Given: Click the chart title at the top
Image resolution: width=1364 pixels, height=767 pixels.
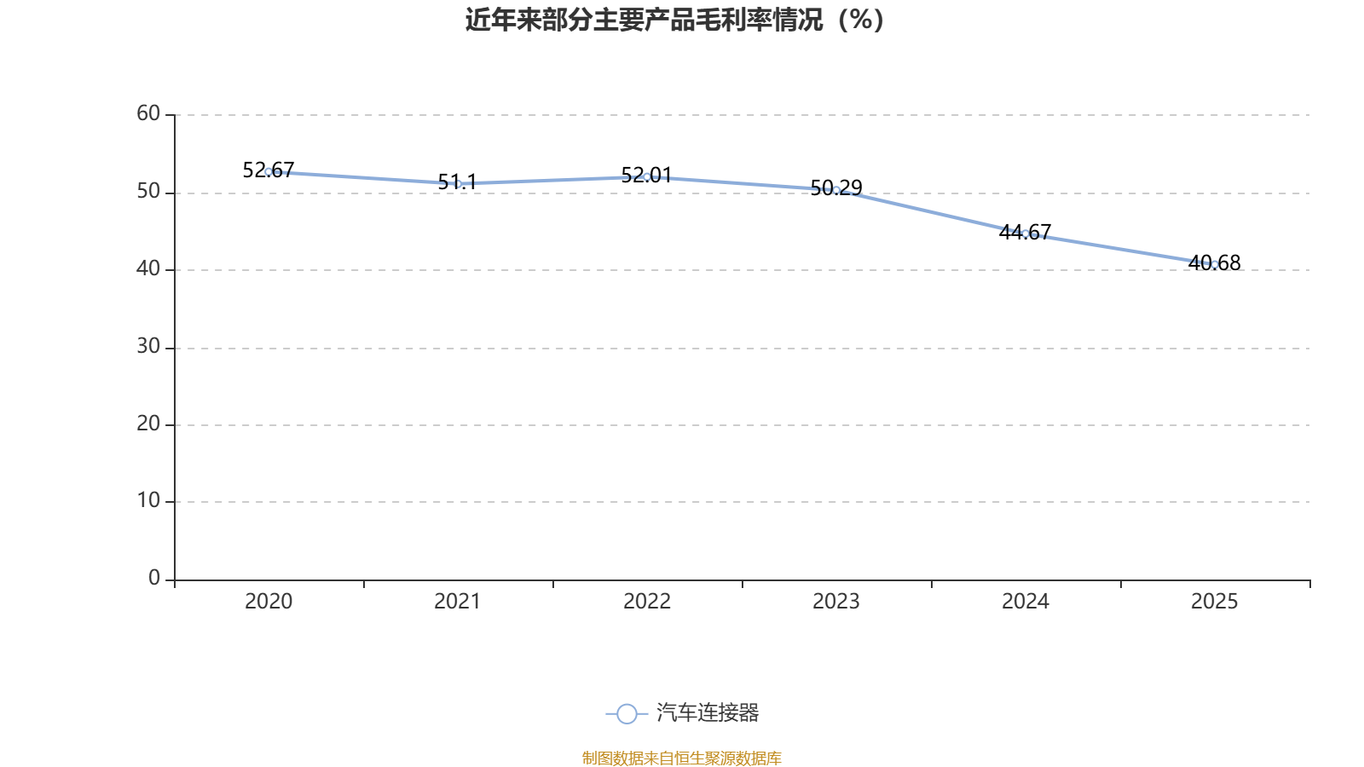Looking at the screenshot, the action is coord(674,20).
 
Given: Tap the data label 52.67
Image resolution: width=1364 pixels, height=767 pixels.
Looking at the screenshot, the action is coord(269,170).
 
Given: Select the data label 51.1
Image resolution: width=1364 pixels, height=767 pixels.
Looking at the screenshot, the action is coord(457,182).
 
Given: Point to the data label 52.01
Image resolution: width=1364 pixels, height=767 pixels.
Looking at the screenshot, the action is coord(647,176).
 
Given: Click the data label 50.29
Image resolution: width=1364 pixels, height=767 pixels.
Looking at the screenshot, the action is coord(836,187).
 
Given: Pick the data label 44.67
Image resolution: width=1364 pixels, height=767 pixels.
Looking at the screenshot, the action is coord(1026,232).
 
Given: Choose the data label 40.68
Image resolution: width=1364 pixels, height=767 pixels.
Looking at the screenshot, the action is coord(1214,263).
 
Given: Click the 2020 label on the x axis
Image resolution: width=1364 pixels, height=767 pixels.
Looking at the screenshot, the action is coord(269,602).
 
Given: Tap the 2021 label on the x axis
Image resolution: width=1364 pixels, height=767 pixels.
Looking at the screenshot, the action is coord(457,602).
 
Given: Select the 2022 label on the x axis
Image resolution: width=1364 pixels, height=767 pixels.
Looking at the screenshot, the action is coord(647,602).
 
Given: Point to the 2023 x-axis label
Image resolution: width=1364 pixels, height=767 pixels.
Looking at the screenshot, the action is coord(836,602).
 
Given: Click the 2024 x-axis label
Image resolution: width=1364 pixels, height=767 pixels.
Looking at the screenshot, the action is coord(1026,602).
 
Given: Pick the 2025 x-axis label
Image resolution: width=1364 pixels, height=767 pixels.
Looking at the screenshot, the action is coord(1214,602).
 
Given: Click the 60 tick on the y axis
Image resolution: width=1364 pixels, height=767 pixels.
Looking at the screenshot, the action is coord(148,114).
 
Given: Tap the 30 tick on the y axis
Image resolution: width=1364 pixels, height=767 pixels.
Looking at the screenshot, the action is coord(148,346).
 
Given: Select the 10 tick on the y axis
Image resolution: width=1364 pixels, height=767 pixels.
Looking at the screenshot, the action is coord(148,501).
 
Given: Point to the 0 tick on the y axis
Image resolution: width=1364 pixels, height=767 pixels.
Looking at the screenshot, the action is coord(154,579).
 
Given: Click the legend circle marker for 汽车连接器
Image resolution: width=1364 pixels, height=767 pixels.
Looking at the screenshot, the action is coord(627,713).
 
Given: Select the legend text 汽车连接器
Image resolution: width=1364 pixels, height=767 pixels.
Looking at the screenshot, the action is coord(708,712).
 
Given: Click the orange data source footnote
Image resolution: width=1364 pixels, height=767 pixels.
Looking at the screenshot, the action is coord(682,758).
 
